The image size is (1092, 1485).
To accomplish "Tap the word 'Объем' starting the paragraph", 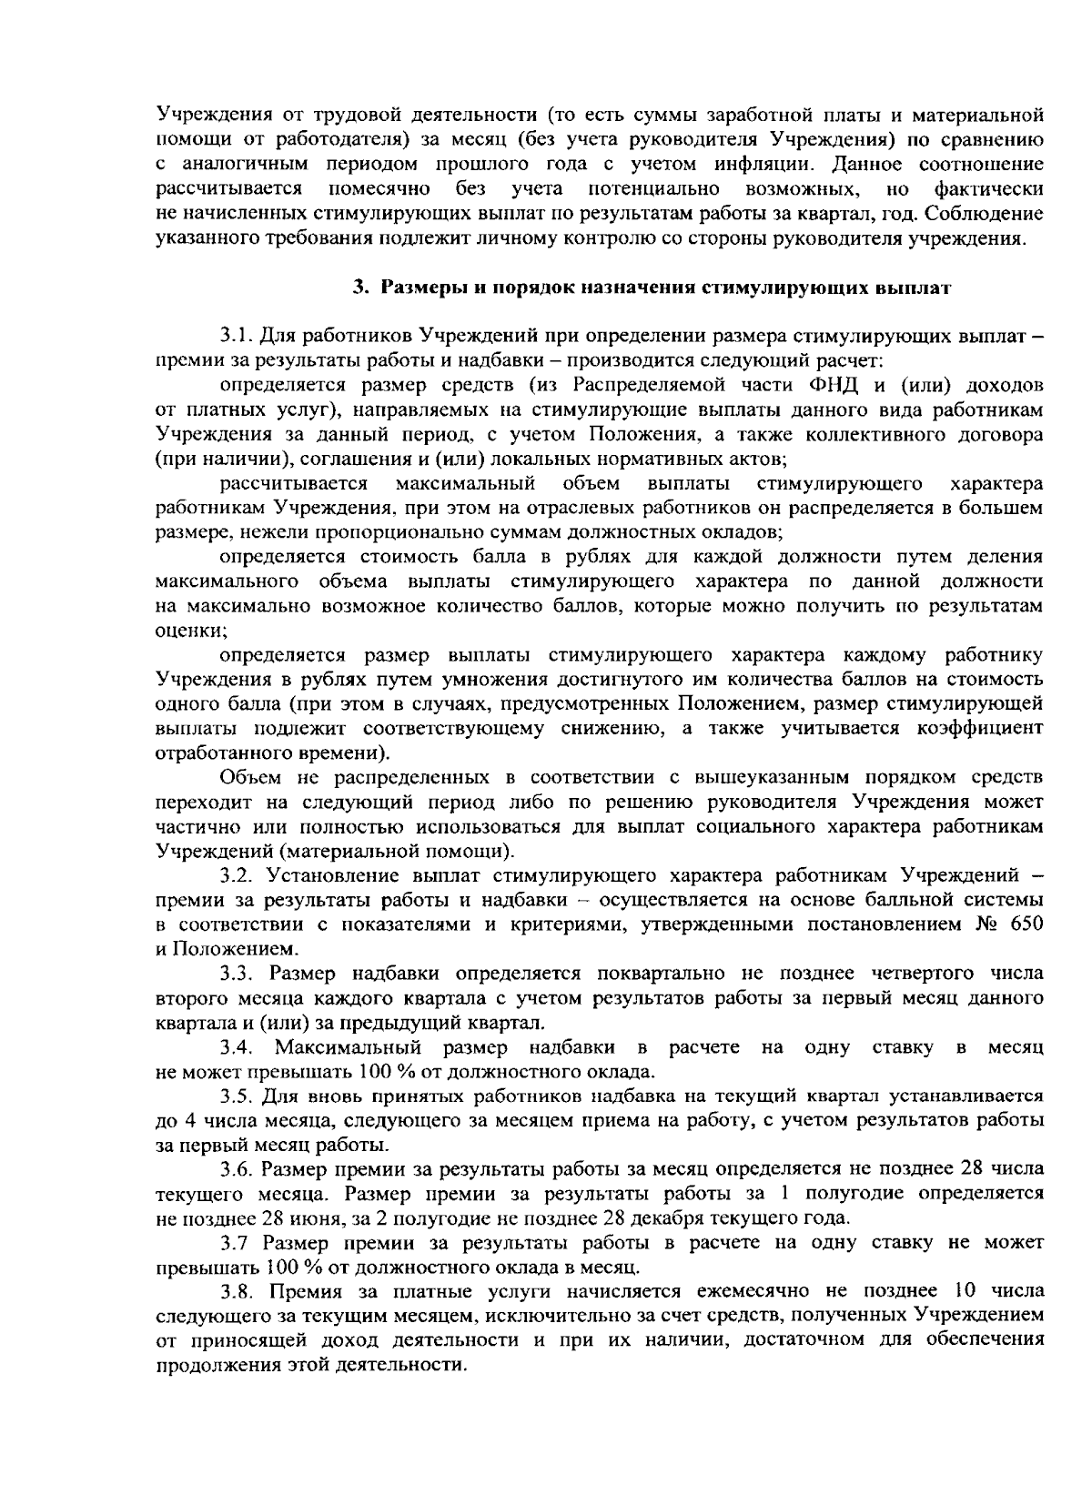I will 248,778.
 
